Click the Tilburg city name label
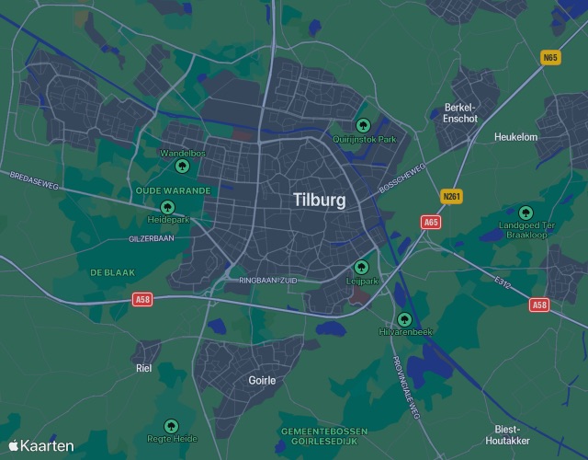(x=320, y=200)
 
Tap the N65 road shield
(x=550, y=57)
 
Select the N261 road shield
(x=451, y=197)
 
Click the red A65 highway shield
(x=431, y=222)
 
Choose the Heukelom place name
(x=515, y=137)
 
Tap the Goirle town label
(x=262, y=380)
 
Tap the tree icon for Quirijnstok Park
(x=363, y=125)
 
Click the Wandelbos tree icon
(x=182, y=167)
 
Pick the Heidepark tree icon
(x=167, y=207)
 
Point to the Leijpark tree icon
(x=361, y=268)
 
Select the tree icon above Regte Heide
(x=170, y=426)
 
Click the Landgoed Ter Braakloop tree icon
(x=526, y=213)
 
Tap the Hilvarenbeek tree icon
(x=402, y=318)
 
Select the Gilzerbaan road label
(x=152, y=238)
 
